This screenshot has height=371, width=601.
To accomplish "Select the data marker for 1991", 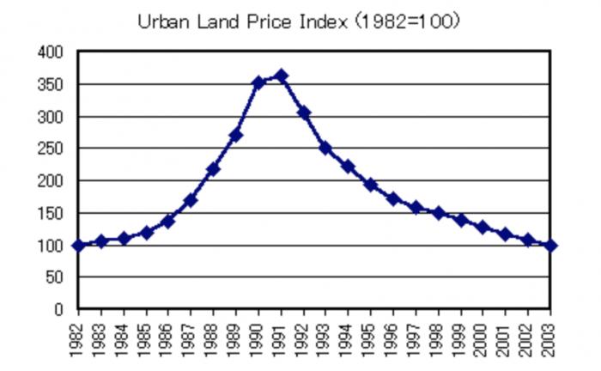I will pos(281,76).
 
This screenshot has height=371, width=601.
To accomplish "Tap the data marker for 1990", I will pos(258,82).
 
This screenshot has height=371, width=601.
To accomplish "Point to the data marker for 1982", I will pos(79,246).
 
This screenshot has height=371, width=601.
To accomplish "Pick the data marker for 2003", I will pos(550,246).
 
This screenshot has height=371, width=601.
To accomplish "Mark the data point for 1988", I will pos(214,168).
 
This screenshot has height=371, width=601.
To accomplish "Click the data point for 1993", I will pos(325,148).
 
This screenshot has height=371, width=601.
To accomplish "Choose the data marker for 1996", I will pos(393,198).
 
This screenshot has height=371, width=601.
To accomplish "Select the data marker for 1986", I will pos(168,222).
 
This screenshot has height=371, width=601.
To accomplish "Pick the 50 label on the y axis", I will pos(55,277).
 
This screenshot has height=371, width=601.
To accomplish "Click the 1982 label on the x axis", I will pos(79,337).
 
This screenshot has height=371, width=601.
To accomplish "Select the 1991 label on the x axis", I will pos(281,337).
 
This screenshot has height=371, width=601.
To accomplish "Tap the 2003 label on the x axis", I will pos(550,337).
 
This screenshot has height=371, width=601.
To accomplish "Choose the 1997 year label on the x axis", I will pos(416,337).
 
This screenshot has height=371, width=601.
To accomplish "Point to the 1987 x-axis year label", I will pos(191,337).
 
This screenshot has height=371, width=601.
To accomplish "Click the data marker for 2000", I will pos(483,228).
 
